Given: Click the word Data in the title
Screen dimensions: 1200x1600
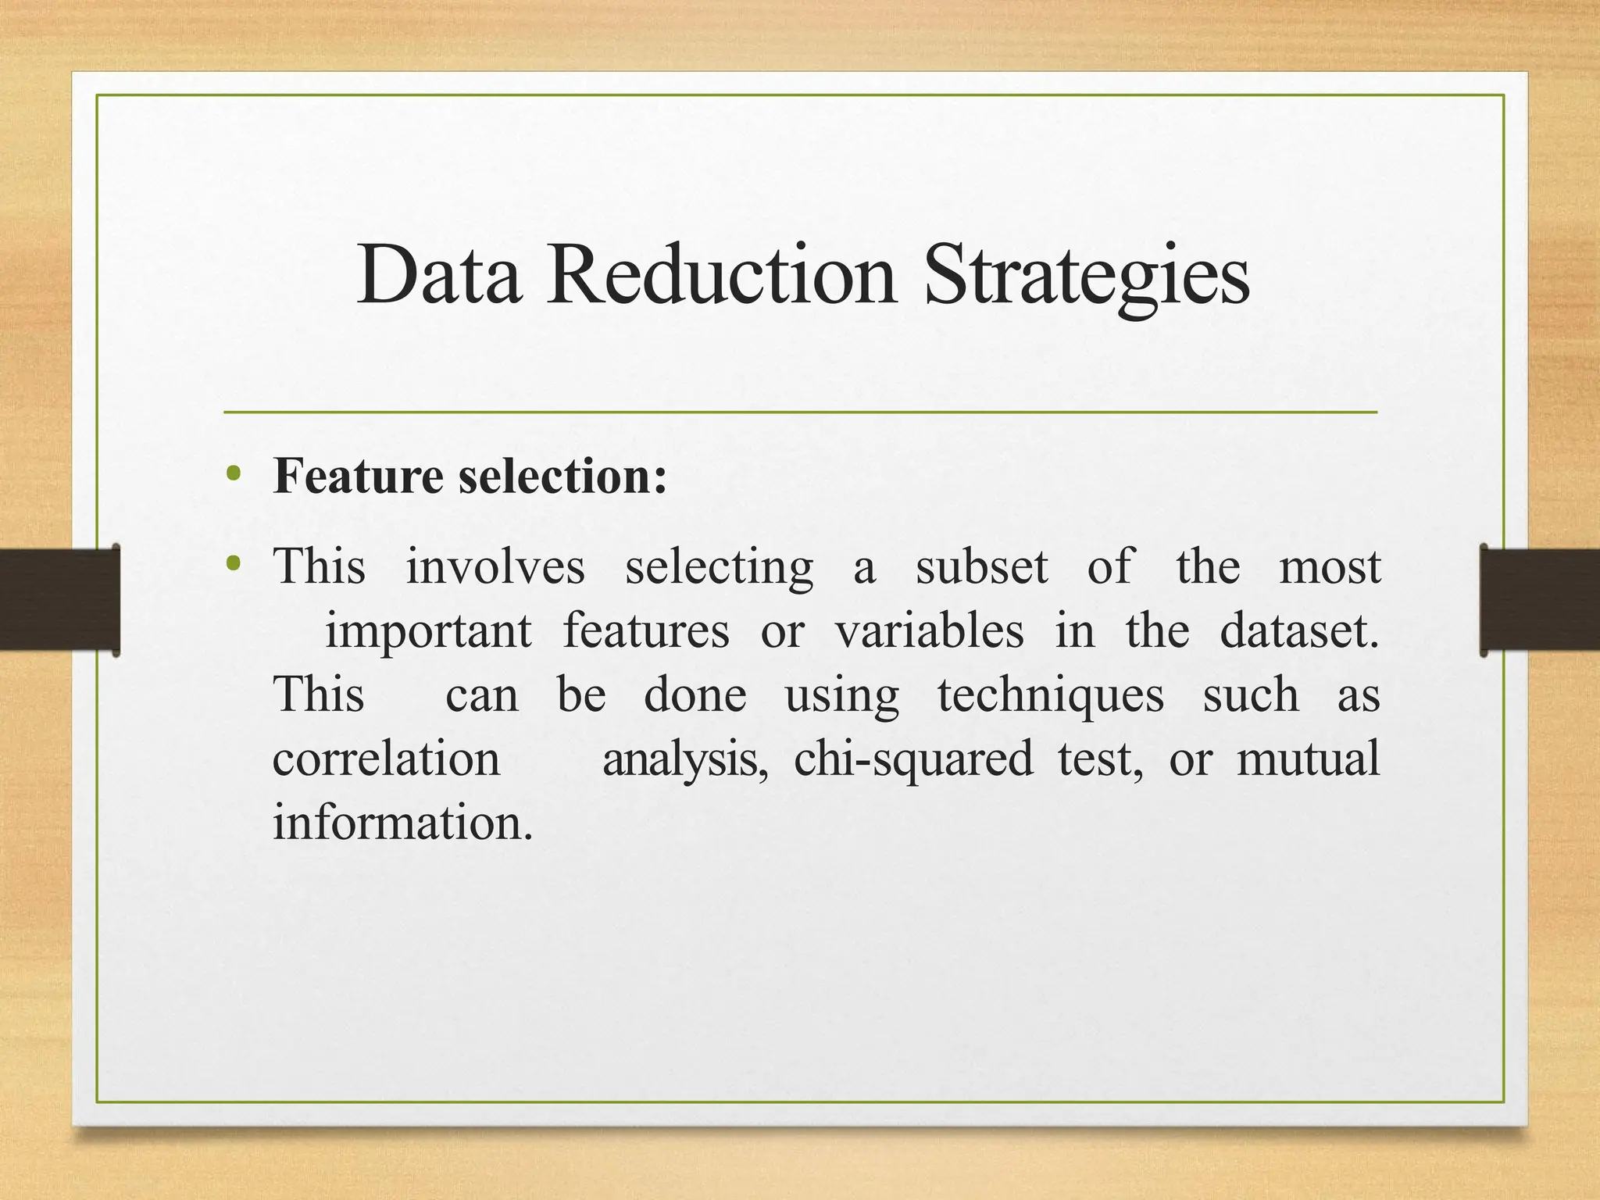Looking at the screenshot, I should tap(439, 275).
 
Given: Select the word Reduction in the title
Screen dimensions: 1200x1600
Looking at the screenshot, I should tap(720, 275).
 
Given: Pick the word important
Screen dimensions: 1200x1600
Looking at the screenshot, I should tap(428, 631).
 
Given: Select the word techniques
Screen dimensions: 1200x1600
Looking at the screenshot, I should tap(1050, 695).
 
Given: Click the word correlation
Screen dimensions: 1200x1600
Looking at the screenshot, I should tap(386, 759).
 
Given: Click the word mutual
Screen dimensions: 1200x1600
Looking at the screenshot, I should tap(1308, 759).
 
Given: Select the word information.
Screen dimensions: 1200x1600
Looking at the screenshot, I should tap(402, 823).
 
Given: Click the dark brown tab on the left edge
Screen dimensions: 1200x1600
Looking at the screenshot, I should tap(59, 599).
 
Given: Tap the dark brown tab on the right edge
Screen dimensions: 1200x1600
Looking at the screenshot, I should tap(1539, 599).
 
